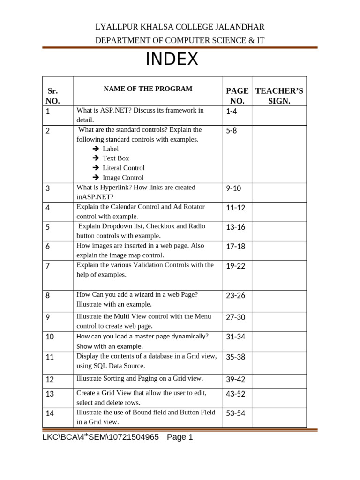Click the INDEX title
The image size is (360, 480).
172,60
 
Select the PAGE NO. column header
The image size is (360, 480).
237,96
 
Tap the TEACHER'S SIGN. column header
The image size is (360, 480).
279,96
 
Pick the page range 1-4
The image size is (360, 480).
232,111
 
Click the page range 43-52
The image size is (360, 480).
236,394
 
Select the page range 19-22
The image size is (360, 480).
236,266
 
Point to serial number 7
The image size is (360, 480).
48,266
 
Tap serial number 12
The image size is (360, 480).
50,379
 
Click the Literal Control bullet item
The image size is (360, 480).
124,168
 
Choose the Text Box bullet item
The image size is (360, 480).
116,158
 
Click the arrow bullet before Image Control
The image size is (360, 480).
95,178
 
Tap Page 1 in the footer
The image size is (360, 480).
180,437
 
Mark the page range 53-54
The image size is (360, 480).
236,413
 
